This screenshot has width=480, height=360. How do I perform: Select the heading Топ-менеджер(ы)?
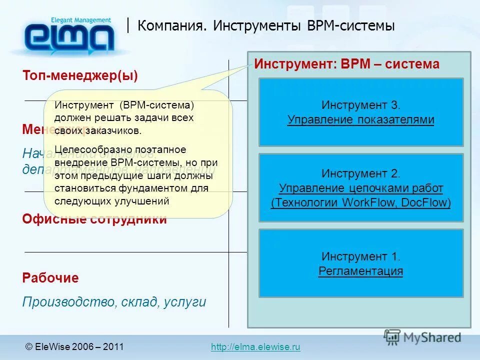80,75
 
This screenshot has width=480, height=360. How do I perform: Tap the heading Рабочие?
50,278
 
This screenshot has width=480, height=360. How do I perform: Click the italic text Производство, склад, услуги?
114,302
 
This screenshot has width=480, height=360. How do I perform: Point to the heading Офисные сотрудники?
94,219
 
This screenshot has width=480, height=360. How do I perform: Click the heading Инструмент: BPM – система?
347,64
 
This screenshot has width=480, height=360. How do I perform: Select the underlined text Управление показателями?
360,120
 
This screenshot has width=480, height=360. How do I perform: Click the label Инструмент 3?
361,105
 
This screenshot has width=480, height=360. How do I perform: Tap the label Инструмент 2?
361,174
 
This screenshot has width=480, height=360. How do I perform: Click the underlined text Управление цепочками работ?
360,188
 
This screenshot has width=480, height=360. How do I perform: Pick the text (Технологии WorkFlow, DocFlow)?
360,202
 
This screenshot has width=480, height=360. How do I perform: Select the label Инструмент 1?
361,256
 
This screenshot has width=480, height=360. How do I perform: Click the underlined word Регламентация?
360,271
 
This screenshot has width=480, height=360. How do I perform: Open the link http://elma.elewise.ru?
255,347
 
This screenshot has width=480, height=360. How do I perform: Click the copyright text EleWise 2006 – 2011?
78,347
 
